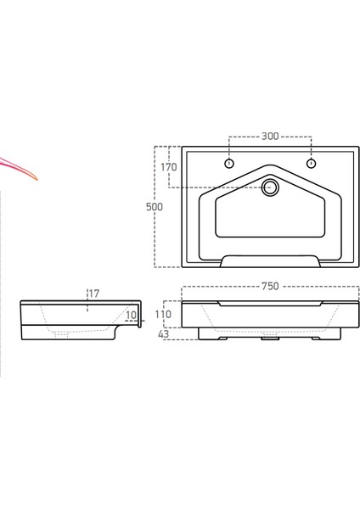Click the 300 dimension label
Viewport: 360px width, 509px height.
(x=270, y=137)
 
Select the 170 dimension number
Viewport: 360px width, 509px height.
(x=169, y=168)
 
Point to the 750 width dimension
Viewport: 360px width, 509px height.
(x=270, y=287)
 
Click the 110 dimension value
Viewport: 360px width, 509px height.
(x=164, y=314)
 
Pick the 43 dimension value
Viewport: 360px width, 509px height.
(x=163, y=333)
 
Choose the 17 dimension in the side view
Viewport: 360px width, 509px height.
(x=93, y=294)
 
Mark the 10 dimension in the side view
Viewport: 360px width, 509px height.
(x=131, y=316)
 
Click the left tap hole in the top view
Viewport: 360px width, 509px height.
(x=228, y=163)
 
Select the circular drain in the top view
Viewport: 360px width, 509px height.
(x=270, y=187)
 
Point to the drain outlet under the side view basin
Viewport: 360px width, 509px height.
(x=61, y=336)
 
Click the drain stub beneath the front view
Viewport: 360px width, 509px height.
(x=270, y=343)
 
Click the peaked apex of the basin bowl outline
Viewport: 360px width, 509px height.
(x=270, y=168)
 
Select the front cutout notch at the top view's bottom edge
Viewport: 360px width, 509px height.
(x=270, y=262)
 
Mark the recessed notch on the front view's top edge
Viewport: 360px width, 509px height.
(x=270, y=303)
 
